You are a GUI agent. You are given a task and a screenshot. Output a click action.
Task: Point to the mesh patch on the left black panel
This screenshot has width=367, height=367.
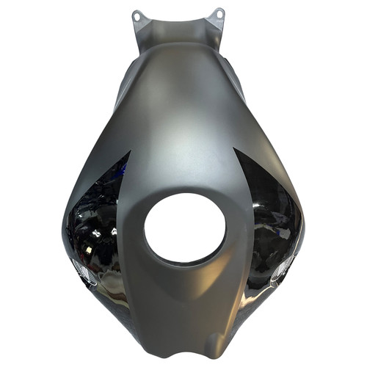pyautogui.click(x=81, y=272)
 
